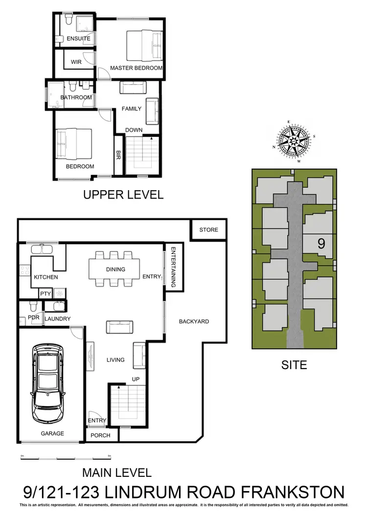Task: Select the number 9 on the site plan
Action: coord(321,244)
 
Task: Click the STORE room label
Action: coord(208,230)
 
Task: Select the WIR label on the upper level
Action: coord(76,62)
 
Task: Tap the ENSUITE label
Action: coord(78,38)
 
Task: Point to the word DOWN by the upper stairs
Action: coord(134,130)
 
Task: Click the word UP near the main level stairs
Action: coord(136,379)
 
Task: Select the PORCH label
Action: coord(101,435)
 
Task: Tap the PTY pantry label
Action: coord(46,294)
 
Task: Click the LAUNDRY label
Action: coord(57,319)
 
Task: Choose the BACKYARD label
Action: coord(194,322)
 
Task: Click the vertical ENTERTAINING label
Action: coord(173,267)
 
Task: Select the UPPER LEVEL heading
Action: coord(123,195)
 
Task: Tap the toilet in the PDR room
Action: coord(33,307)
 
